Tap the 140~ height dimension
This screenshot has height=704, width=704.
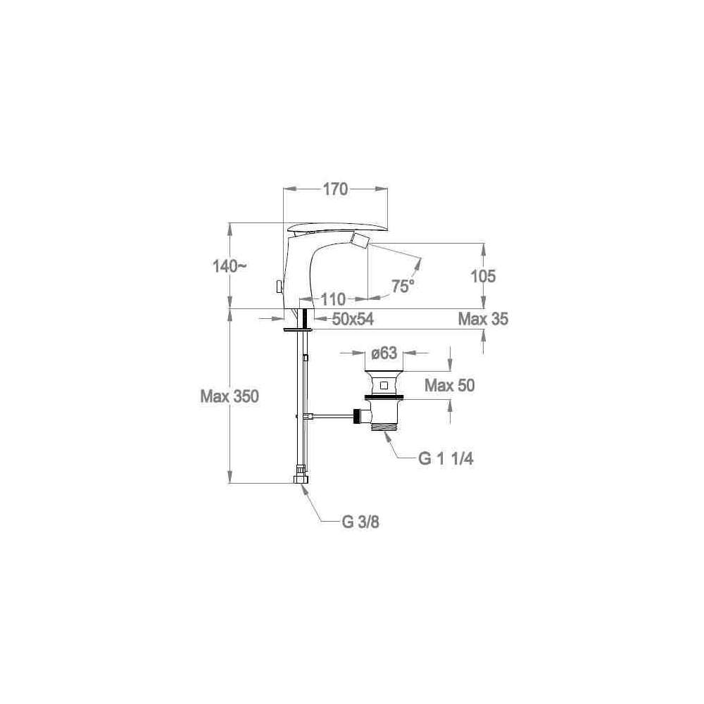point(230,267)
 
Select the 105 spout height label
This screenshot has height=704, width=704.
point(483,276)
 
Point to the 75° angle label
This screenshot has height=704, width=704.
point(402,286)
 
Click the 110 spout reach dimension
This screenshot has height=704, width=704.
point(333,299)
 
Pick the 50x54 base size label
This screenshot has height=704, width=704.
point(353,319)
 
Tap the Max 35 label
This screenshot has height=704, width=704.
point(483,319)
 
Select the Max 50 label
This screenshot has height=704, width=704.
point(449,385)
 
